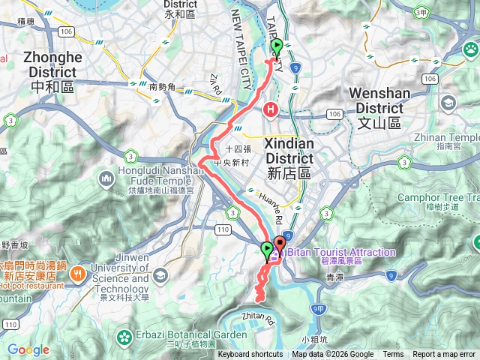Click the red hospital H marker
270,110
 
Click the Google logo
28,349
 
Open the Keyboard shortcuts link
250,355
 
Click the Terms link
393,355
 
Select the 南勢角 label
163,87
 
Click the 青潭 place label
335,277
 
